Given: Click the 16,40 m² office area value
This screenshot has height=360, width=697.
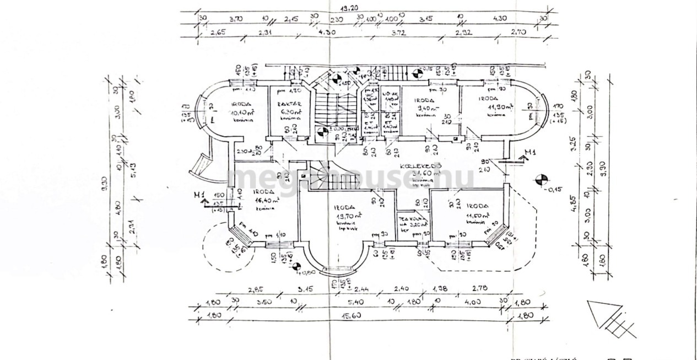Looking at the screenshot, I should pos(265,201).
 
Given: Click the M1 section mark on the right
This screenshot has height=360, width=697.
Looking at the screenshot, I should pos(530,153).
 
